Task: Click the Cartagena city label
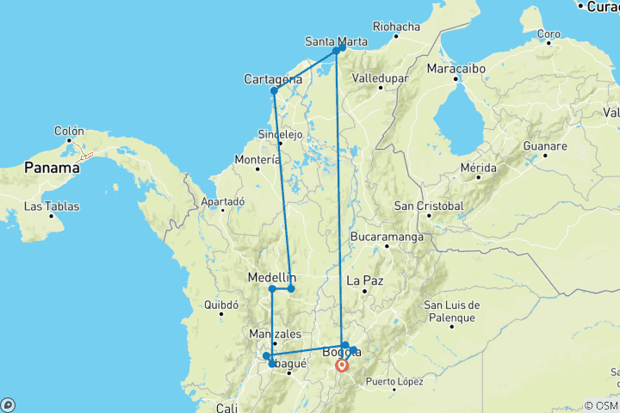tap(273, 79)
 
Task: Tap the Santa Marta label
tap(336, 40)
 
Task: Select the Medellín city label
tap(272, 277)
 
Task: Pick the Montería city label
tap(257, 159)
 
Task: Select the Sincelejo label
tap(280, 134)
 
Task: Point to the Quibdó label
tap(220, 305)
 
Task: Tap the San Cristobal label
tap(429, 206)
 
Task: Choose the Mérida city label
tap(480, 167)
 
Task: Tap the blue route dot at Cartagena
tap(274, 90)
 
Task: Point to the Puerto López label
tap(394, 381)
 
